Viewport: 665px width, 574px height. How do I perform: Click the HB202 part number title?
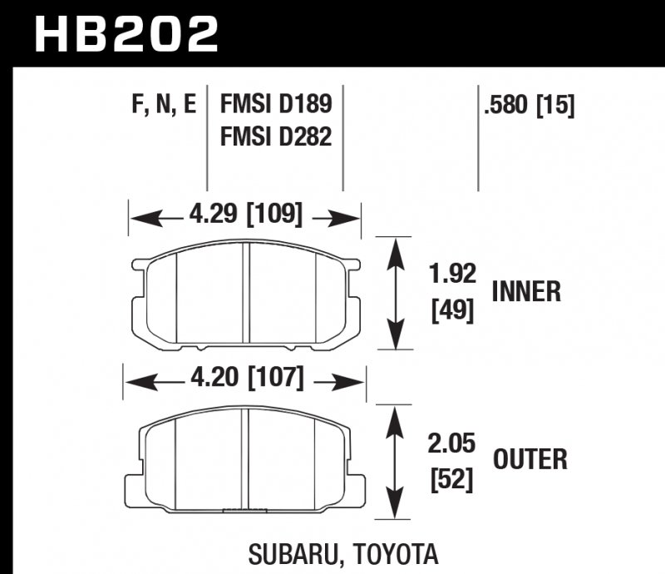click(126, 34)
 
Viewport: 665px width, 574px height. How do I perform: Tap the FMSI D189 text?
click(275, 105)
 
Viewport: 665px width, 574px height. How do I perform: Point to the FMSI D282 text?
click(275, 135)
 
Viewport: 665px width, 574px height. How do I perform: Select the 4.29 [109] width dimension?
click(244, 216)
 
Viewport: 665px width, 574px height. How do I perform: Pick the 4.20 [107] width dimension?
click(244, 381)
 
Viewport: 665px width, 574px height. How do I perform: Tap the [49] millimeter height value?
click(452, 310)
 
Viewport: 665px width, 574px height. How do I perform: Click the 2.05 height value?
click(452, 443)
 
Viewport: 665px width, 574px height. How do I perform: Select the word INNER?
click(526, 292)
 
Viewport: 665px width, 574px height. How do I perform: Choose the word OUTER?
click(530, 458)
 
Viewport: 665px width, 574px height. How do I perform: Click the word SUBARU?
click(294, 553)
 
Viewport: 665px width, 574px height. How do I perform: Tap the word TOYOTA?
click(393, 553)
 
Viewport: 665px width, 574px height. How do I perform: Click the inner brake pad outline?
click(246, 295)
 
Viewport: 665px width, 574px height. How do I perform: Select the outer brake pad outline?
click(246, 462)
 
